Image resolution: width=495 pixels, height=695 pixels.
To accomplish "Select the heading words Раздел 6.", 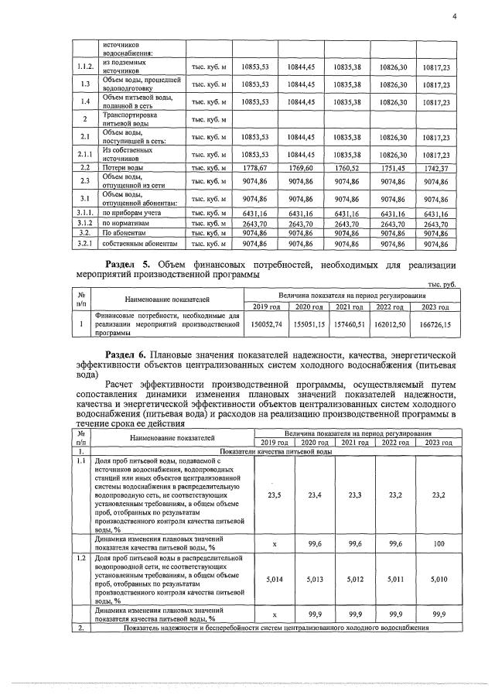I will (x=129, y=354).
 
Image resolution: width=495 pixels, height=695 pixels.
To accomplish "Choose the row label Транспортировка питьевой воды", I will (x=131, y=119).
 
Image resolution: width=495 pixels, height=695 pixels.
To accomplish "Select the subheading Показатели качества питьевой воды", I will (x=276, y=450).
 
